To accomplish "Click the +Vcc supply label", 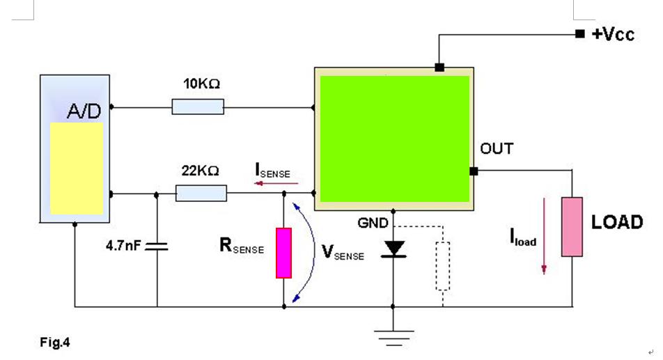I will (614, 34).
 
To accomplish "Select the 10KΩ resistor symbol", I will (198, 107).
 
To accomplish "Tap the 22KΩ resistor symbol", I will (201, 193).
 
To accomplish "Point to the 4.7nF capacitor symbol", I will (157, 246).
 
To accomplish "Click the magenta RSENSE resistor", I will (283, 252).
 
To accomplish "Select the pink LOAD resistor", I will (572, 227).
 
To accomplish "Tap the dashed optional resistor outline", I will (442, 265).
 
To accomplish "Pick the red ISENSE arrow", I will (276, 184).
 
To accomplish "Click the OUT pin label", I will (497, 148).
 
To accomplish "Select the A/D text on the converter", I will (83, 111).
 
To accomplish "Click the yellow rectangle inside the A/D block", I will (77, 168).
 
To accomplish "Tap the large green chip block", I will (394, 138).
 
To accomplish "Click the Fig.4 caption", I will (56, 343).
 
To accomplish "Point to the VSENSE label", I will (342, 253).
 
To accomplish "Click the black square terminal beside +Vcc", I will (579, 33).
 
